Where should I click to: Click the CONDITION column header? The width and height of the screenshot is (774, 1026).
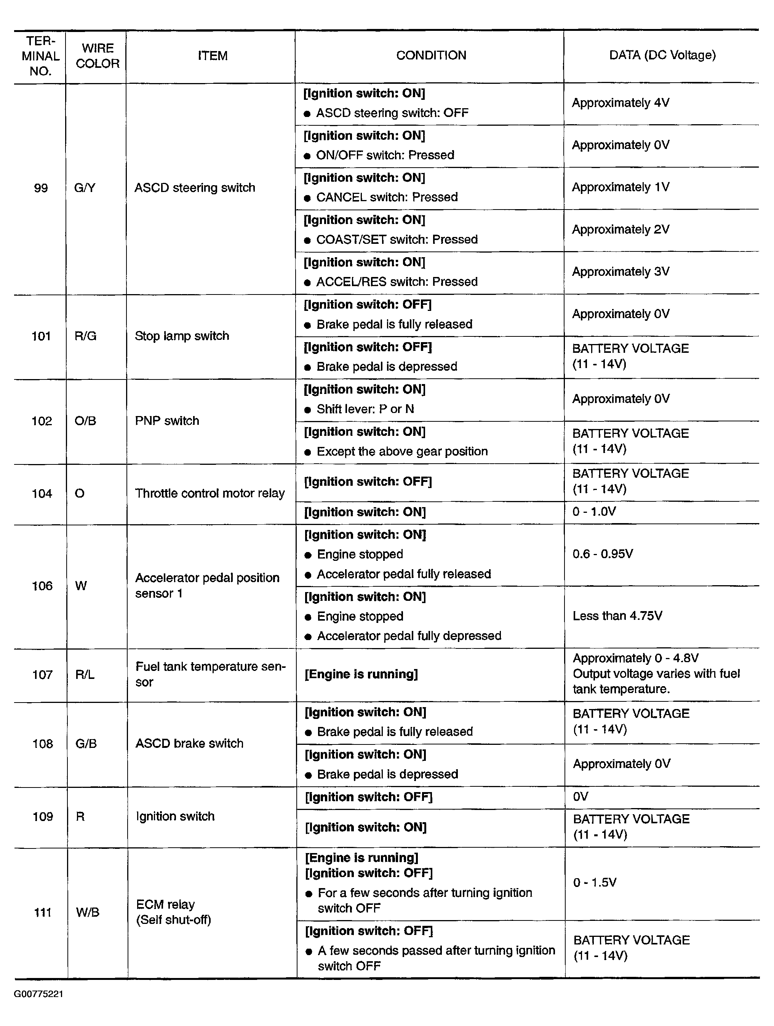pos(431,56)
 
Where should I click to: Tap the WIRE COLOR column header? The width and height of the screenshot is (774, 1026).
pos(98,56)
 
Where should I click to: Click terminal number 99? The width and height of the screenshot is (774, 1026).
pos(41,188)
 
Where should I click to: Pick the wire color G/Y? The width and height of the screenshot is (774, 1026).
pos(85,188)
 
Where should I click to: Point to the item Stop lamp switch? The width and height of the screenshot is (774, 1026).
pos(182,336)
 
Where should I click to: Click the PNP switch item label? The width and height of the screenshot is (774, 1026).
pos(167,421)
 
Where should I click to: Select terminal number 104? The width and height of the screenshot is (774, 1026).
pos(42,493)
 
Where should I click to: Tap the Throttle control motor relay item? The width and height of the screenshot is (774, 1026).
pos(209,493)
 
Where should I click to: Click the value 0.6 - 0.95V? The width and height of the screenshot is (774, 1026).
pos(603,554)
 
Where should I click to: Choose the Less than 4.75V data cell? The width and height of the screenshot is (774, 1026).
pos(617,616)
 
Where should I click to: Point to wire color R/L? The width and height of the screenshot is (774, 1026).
pos(85,674)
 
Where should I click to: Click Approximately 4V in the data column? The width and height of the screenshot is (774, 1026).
pos(620,102)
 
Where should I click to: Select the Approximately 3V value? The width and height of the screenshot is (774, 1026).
pos(620,271)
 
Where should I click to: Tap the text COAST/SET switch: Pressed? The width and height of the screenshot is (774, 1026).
pos(397,239)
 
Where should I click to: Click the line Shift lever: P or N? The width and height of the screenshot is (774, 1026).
pos(365,409)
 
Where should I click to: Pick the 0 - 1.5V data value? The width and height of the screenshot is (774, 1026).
pos(595,882)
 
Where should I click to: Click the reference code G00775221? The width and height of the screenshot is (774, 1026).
pos(38,994)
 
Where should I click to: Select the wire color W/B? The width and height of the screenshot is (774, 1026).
pos(88,912)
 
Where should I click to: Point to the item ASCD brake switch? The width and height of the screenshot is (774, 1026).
pos(189,744)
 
